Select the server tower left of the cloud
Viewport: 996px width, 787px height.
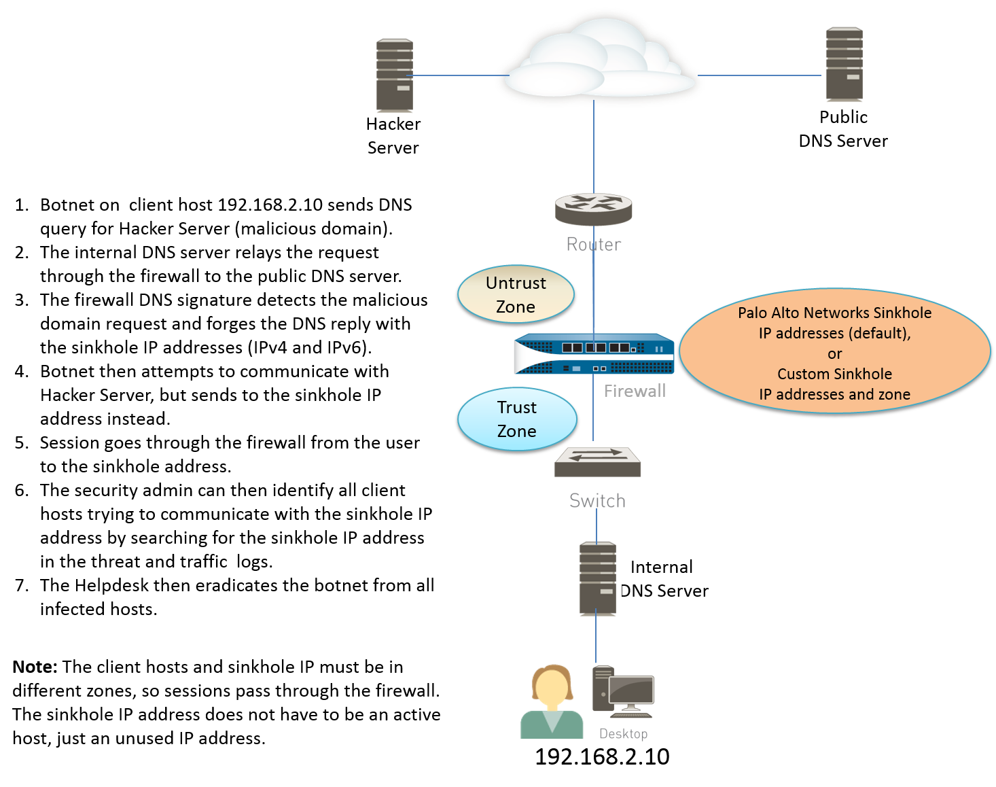pyautogui.click(x=393, y=75)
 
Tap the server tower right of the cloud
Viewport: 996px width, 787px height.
pyautogui.click(x=843, y=65)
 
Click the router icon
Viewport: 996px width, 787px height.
pyautogui.click(x=594, y=209)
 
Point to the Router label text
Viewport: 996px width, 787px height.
pyautogui.click(x=594, y=245)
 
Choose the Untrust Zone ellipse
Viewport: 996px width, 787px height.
pyautogui.click(x=516, y=294)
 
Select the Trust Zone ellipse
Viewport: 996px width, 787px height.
pyautogui.click(x=517, y=419)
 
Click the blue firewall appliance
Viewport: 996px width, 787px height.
pyautogui.click(x=594, y=354)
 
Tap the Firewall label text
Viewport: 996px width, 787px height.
pyautogui.click(x=635, y=391)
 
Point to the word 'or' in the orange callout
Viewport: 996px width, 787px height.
pyautogui.click(x=834, y=354)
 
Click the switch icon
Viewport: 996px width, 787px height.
pyautogui.click(x=597, y=462)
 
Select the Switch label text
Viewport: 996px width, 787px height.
pyautogui.click(x=597, y=501)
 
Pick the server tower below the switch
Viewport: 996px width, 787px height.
pyautogui.click(x=597, y=578)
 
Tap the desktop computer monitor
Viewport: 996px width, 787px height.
pyautogui.click(x=631, y=691)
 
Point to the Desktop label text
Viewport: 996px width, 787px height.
pyautogui.click(x=623, y=734)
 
